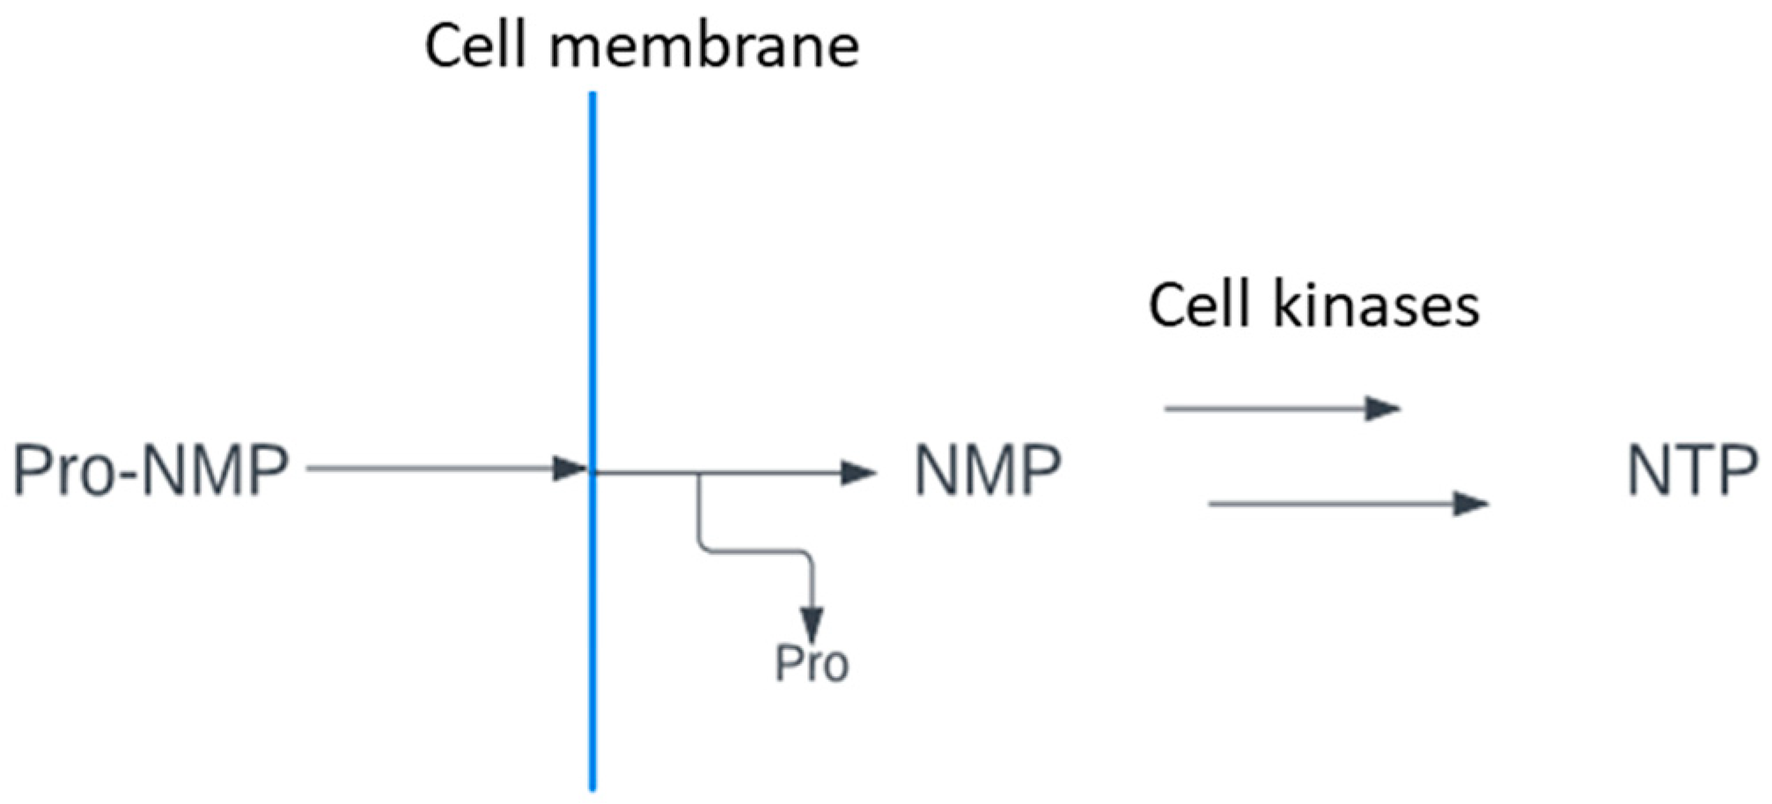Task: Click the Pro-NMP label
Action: click(x=151, y=470)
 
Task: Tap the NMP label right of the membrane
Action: click(x=987, y=470)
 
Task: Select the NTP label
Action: click(x=1691, y=472)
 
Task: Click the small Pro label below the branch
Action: click(x=812, y=664)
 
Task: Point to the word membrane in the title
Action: click(x=704, y=46)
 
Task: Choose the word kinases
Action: click(x=1377, y=306)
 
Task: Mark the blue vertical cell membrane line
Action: click(x=592, y=264)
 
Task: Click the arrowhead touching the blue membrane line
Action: click(x=570, y=468)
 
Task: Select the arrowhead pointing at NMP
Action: click(x=857, y=474)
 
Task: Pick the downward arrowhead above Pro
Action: click(x=812, y=623)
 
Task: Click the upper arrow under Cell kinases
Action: click(x=1268, y=409)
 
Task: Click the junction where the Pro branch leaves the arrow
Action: click(x=700, y=475)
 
